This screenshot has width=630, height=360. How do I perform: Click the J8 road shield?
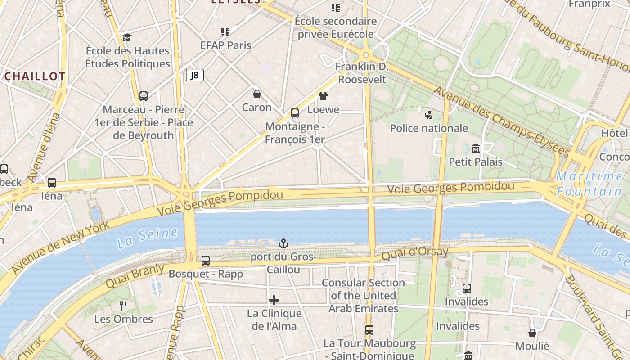click(195, 75)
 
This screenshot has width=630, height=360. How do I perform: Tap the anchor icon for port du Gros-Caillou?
click(283, 244)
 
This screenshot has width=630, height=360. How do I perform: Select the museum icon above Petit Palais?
click(476, 148)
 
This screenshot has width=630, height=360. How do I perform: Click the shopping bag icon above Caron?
click(256, 94)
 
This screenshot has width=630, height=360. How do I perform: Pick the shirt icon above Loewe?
click(323, 96)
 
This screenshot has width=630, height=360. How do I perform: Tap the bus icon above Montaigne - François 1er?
click(295, 113)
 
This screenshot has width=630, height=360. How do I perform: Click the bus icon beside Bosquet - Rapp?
click(206, 260)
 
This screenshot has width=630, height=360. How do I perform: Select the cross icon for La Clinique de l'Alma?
click(274, 300)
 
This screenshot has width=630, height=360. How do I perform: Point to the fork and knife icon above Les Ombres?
click(123, 306)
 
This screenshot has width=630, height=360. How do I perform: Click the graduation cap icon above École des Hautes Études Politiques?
click(127, 37)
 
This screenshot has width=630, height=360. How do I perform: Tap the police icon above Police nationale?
click(428, 115)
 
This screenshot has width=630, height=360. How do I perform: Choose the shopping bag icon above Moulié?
click(532, 333)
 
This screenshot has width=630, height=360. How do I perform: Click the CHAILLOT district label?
click(35, 76)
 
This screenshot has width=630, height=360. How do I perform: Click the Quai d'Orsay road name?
click(415, 253)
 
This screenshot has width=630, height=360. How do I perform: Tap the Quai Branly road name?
click(135, 276)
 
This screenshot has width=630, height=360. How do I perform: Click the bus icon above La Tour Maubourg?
click(369, 330)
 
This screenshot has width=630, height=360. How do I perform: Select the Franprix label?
click(589, 4)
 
